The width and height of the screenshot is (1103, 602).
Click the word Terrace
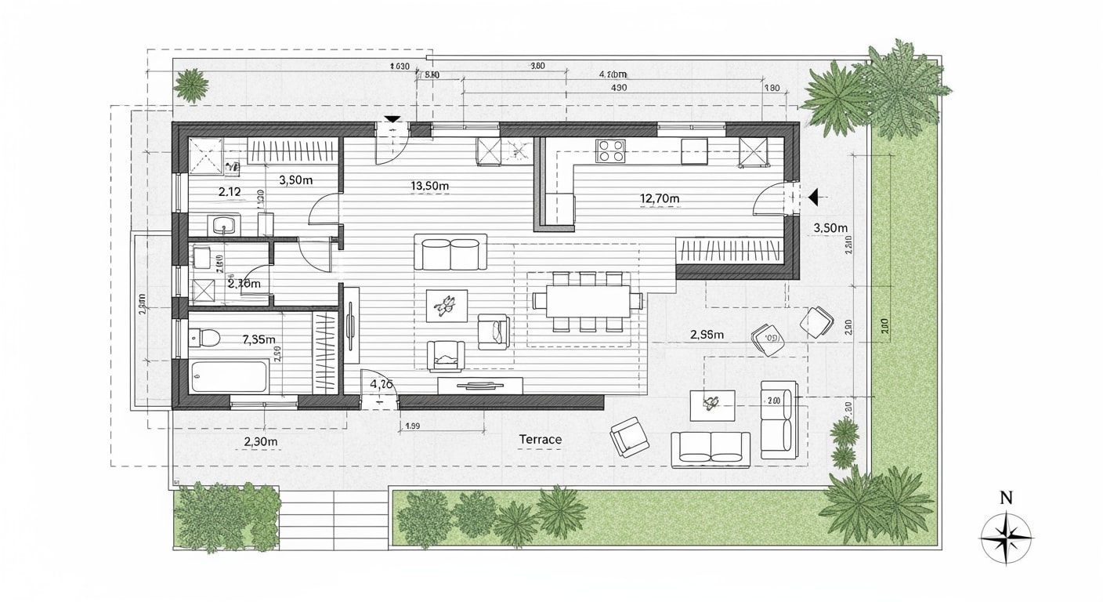(x=540, y=440)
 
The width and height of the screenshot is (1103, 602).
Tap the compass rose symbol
(x=1007, y=539)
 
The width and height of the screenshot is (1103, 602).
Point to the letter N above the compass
(x=1007, y=497)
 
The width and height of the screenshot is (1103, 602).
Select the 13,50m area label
(x=429, y=186)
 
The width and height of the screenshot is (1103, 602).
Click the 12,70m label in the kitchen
(x=660, y=198)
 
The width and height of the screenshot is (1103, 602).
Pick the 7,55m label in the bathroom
(x=259, y=339)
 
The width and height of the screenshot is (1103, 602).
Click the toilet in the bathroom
(x=208, y=338)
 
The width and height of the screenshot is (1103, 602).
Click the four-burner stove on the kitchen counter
(x=611, y=150)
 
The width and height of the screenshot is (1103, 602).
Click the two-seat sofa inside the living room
(x=450, y=253)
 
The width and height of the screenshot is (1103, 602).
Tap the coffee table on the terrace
(x=711, y=404)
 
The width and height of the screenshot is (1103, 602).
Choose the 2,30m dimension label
(x=261, y=441)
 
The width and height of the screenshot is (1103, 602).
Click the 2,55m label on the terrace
(x=707, y=335)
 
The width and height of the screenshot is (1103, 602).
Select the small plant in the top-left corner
(x=190, y=85)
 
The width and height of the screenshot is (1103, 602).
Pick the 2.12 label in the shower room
(x=229, y=191)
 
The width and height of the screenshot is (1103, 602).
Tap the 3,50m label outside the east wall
(x=830, y=228)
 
